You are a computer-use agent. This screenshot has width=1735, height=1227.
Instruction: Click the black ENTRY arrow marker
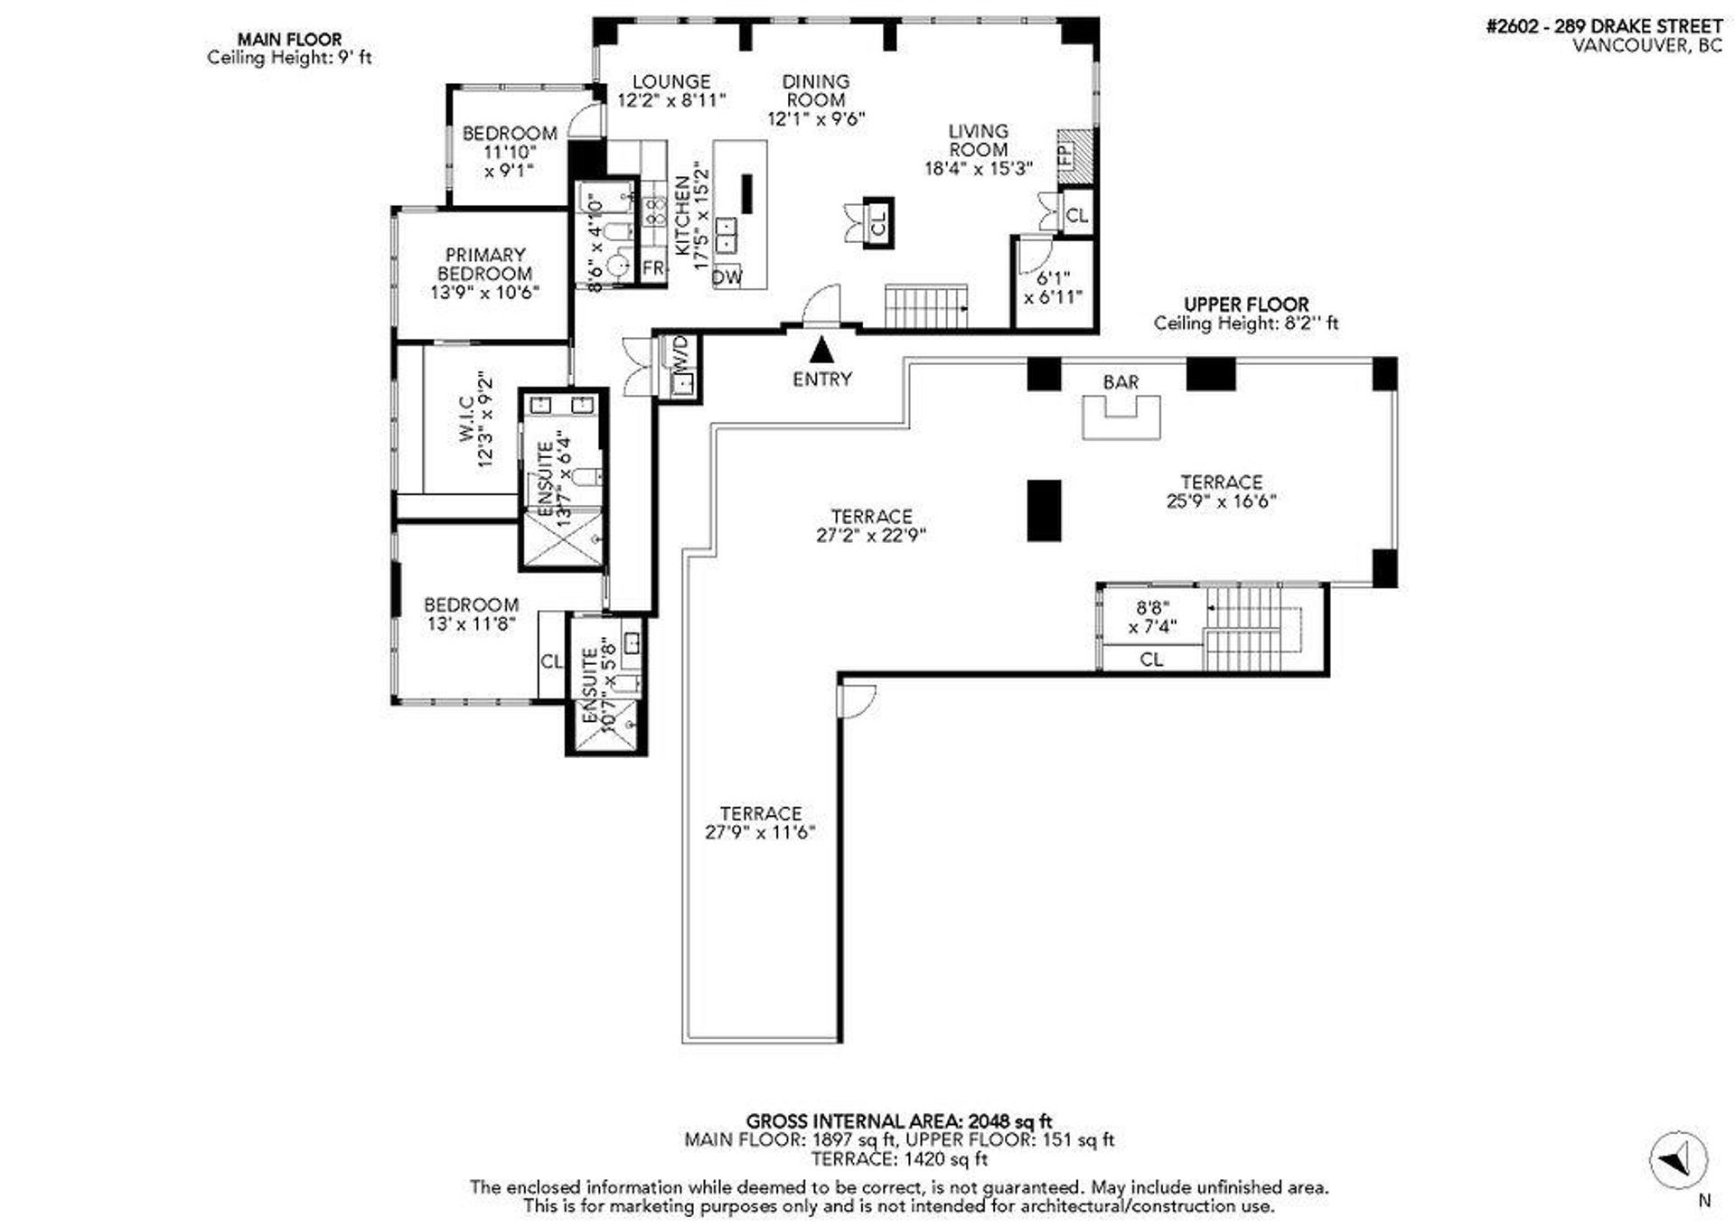[x=821, y=349]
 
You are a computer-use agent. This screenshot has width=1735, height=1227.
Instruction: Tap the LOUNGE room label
[x=671, y=81]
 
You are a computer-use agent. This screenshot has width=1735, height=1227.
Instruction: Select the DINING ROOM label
[x=816, y=90]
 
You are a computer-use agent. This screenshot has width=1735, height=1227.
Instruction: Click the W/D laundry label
[x=680, y=351]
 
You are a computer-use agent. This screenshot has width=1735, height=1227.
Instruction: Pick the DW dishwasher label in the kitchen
[x=727, y=277]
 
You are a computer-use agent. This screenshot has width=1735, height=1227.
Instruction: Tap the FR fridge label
[x=652, y=268]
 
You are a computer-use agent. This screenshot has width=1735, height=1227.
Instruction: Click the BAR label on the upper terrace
[x=1121, y=382]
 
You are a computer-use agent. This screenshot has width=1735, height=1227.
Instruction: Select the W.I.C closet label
[x=466, y=418]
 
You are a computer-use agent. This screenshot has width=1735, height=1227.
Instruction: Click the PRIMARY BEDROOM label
[x=485, y=264]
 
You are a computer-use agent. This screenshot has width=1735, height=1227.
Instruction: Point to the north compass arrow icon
[x=1678, y=1158]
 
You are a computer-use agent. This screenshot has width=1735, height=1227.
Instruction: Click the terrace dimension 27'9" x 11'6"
[x=760, y=832]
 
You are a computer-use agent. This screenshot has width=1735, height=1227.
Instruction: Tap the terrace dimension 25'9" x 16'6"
[x=1221, y=501]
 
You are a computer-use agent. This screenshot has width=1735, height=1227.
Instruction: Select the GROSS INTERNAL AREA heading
[x=899, y=1122]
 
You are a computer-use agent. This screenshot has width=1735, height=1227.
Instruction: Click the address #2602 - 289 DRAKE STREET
[x=1604, y=26]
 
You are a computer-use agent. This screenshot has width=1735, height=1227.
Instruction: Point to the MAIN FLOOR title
[x=289, y=39]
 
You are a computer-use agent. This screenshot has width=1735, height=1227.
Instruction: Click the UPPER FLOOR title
[x=1246, y=304]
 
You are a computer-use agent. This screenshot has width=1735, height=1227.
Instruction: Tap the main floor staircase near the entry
[x=925, y=306]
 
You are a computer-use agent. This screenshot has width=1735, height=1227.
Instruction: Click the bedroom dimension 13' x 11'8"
[x=471, y=623]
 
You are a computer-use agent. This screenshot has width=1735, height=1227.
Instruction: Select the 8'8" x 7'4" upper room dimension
[x=1153, y=618]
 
